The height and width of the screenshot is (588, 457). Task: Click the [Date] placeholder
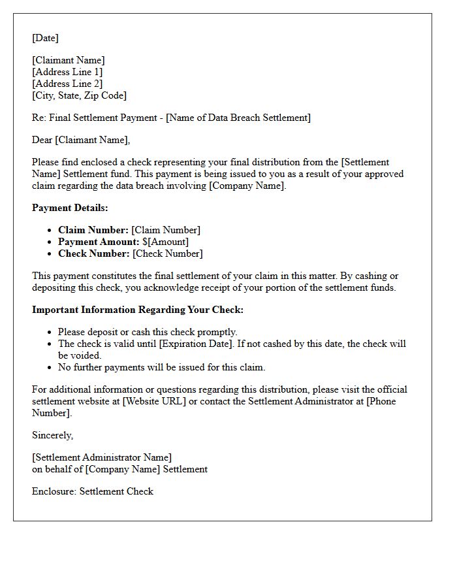tap(45, 38)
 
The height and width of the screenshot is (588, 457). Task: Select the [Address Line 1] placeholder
tap(67, 72)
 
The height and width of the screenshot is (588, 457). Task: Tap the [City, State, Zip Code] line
tap(79, 95)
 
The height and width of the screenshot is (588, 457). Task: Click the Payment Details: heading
tap(70, 208)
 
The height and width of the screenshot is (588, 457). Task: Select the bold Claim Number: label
tap(93, 230)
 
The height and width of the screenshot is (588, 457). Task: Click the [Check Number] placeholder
tap(167, 253)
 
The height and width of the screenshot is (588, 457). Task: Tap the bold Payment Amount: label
tap(99, 242)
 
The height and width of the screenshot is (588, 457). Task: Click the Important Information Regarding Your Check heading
tap(138, 310)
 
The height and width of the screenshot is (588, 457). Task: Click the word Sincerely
tap(52, 435)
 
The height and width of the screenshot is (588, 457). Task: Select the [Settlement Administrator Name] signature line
tap(102, 457)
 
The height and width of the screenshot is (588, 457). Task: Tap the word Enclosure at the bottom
tap(54, 491)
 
